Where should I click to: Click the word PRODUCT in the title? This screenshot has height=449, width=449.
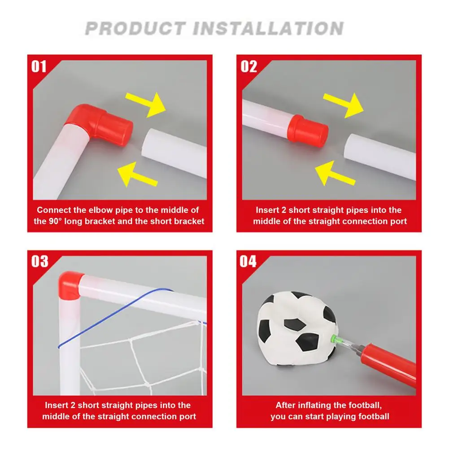(x=135, y=28)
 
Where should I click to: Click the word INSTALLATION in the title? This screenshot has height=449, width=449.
(x=268, y=28)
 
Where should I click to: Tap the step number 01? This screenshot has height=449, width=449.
(x=39, y=66)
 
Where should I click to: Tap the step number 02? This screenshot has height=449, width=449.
(x=248, y=66)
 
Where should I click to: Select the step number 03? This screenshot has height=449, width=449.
(x=39, y=262)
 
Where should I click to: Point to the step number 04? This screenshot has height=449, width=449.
(x=248, y=262)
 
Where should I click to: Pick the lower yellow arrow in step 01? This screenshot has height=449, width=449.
(x=137, y=174)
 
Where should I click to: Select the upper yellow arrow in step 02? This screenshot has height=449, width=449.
(x=344, y=105)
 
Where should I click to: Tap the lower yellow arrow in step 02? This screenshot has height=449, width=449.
(x=335, y=173)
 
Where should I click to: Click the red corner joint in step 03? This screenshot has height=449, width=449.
(x=70, y=285)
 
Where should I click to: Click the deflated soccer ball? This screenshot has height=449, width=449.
(x=298, y=328)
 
